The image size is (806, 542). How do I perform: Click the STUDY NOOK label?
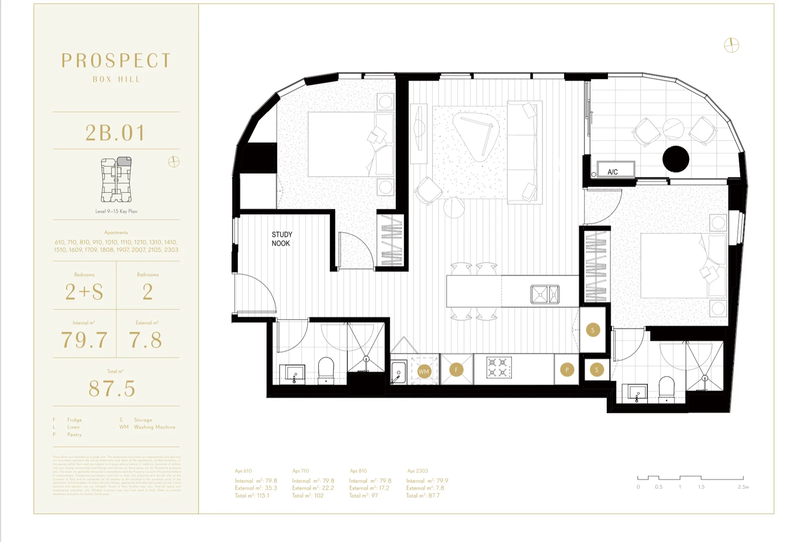[282, 239]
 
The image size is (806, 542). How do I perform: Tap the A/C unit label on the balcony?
[613, 172]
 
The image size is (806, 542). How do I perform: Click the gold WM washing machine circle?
[424, 371]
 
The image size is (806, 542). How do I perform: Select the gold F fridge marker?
[456, 370]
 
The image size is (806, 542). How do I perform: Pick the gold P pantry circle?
[567, 370]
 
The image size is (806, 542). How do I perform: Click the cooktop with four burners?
[499, 367]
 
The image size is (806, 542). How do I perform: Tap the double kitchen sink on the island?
[545, 295]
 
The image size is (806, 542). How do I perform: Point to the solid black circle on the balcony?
[676, 159]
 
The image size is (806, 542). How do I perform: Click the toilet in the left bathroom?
[326, 370]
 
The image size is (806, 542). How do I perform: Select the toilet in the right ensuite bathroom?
[666, 388]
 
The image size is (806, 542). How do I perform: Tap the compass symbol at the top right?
[731, 45]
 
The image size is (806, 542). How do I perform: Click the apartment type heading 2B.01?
[115, 133]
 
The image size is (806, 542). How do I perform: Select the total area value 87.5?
[112, 388]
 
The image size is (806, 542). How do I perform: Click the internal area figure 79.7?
[84, 340]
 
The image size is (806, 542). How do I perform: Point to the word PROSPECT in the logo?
[116, 61]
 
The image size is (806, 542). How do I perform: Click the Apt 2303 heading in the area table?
[418, 471]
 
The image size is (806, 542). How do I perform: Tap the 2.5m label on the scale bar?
[743, 487]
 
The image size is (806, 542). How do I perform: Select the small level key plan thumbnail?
[116, 179]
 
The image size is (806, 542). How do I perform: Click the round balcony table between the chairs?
[673, 129]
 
